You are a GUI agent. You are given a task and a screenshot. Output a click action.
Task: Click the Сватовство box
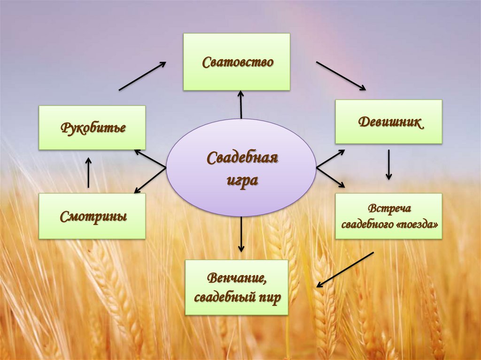pyautogui.click(x=236, y=61)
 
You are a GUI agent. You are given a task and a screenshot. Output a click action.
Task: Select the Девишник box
pyautogui.click(x=388, y=122)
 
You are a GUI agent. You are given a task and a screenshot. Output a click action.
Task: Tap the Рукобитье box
pyautogui.click(x=92, y=128)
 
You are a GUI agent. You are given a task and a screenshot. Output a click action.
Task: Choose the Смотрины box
pyautogui.click(x=92, y=216)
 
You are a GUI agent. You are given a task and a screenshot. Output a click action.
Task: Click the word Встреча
pyautogui.click(x=389, y=208)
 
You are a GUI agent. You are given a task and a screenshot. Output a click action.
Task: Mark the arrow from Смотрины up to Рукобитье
pyautogui.click(x=88, y=173)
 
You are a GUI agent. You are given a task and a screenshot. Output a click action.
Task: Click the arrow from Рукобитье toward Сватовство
pyautogui.click(x=142, y=76)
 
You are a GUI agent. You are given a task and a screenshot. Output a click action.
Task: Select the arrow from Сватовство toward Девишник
pyautogui.click(x=341, y=76)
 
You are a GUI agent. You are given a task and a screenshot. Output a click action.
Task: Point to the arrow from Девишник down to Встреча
pyautogui.click(x=388, y=164)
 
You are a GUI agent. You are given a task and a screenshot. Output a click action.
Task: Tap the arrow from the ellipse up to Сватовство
pyautogui.click(x=241, y=104)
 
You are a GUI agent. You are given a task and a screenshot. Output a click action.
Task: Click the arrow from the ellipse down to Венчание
pyautogui.click(x=241, y=234)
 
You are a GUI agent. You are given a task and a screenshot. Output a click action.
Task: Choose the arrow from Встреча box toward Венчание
pyautogui.click(x=345, y=269)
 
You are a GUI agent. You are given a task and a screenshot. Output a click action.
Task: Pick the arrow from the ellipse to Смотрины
pyautogui.click(x=150, y=180)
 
